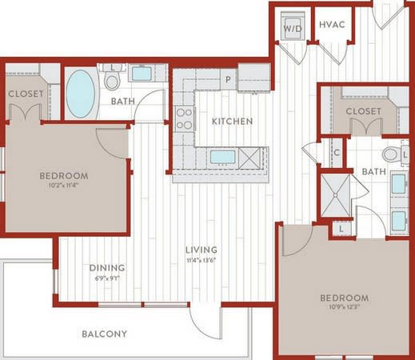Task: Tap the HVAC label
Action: pos(332,25)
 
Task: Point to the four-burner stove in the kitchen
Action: pos(184,118)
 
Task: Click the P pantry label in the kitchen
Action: pos(228,79)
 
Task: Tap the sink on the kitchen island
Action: pos(221,157)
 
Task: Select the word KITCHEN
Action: pos(232,122)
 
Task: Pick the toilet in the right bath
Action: pos(391,154)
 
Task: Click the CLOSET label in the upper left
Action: pos(26,94)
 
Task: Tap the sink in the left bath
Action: pos(145,74)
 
